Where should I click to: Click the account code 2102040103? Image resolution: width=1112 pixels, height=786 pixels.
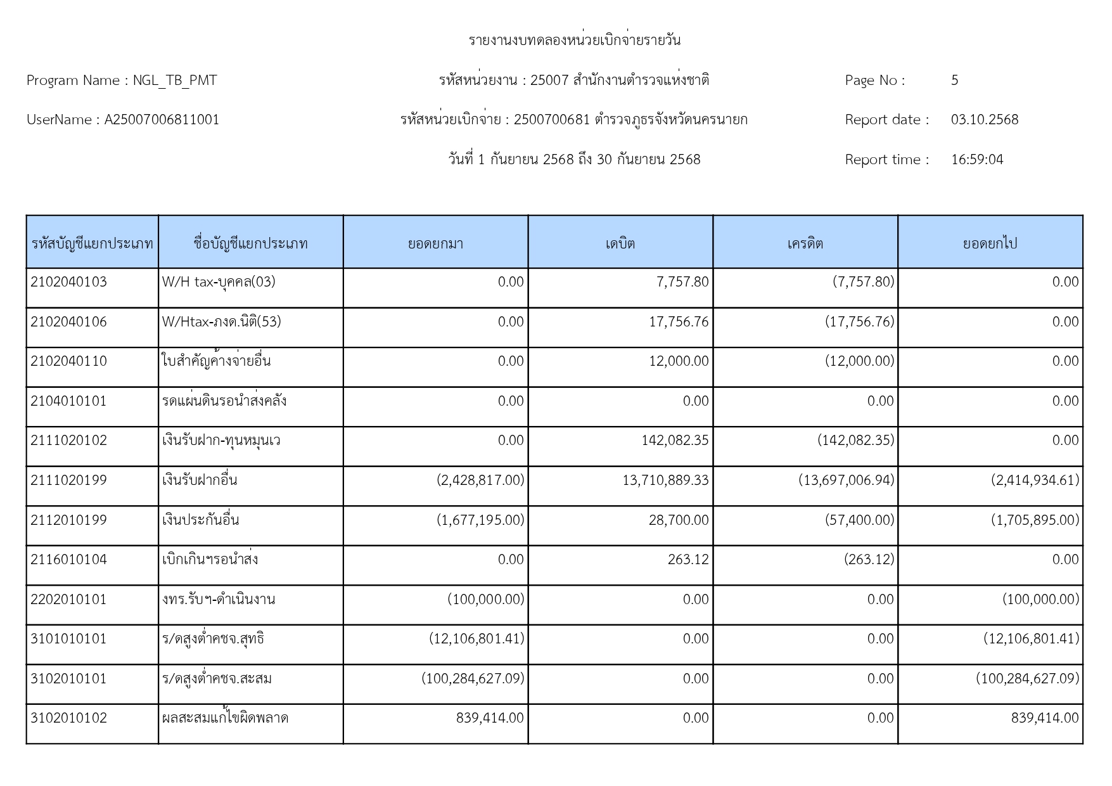[x=68, y=282]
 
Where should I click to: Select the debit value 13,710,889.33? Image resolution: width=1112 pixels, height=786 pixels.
[x=665, y=480]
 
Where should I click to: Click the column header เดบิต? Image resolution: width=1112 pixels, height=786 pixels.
[x=620, y=243]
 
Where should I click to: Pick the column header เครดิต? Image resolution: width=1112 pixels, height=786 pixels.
[x=805, y=243]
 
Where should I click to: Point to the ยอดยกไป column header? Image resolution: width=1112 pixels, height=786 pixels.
[x=990, y=243]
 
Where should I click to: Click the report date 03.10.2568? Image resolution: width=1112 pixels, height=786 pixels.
[x=984, y=120]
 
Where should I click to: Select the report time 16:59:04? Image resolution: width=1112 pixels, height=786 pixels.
[x=976, y=160]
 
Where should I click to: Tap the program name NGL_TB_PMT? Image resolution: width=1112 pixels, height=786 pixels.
[x=174, y=81]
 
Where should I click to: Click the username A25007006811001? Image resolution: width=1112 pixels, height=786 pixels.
[x=162, y=120]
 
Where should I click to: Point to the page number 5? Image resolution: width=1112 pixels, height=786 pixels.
[x=954, y=81]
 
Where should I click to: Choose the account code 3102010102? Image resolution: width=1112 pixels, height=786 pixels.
[x=68, y=718]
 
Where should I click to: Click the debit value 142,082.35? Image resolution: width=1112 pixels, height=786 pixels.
[x=675, y=441]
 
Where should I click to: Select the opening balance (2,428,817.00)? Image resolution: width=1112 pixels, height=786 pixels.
[x=480, y=480]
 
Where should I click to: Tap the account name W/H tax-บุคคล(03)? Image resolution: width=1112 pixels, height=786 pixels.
[x=219, y=282]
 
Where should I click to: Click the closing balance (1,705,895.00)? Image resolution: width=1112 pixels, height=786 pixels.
[x=1035, y=520]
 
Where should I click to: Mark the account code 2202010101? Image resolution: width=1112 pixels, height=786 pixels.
[x=68, y=600]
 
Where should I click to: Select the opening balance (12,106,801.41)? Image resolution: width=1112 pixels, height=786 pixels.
[x=476, y=639]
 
